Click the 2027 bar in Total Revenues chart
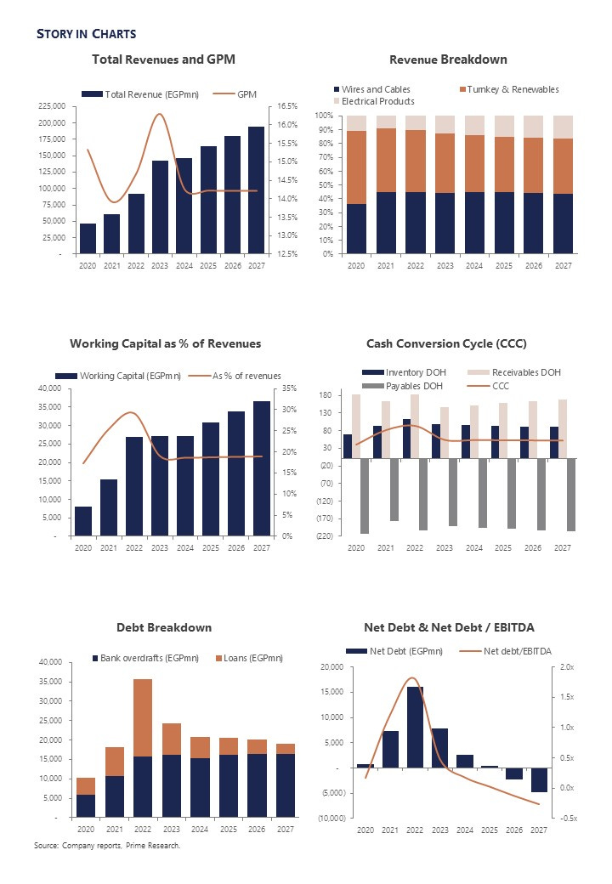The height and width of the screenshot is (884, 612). (256, 190)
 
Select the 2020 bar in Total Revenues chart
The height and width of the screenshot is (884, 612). (88, 238)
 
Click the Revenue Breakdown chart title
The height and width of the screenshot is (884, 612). (448, 59)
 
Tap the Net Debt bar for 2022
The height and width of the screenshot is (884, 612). (416, 727)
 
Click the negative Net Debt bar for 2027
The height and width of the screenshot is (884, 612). (539, 779)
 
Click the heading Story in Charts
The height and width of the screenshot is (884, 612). (86, 34)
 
